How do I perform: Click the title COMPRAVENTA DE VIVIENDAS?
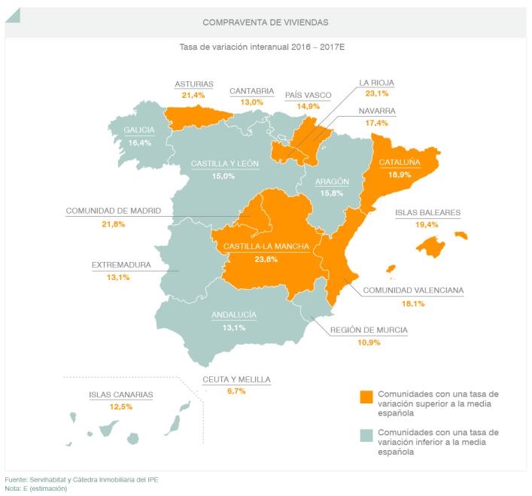[265, 23]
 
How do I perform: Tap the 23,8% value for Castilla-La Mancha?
[266, 260]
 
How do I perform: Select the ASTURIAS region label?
[193, 84]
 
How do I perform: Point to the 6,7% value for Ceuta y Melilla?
[236, 391]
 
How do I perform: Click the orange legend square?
[366, 397]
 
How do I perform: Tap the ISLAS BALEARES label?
[427, 213]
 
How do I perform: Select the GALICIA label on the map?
[139, 129]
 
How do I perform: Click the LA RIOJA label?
[376, 83]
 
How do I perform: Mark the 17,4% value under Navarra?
[377, 123]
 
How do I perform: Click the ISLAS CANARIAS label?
[120, 394]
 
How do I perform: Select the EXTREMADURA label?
[121, 265]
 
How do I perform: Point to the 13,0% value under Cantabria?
[251, 102]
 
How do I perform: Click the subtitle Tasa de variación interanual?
[265, 47]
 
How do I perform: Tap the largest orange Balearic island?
[432, 246]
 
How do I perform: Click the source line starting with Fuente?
[81, 479]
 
